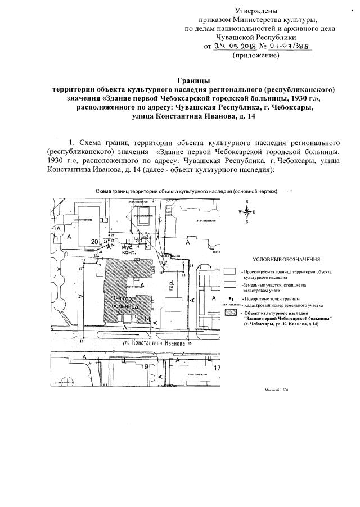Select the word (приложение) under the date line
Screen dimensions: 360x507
click(255, 56)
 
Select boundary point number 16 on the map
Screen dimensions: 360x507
click(82, 341)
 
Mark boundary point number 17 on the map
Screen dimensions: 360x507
click(80, 269)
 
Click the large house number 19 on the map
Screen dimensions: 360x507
click(146, 367)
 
